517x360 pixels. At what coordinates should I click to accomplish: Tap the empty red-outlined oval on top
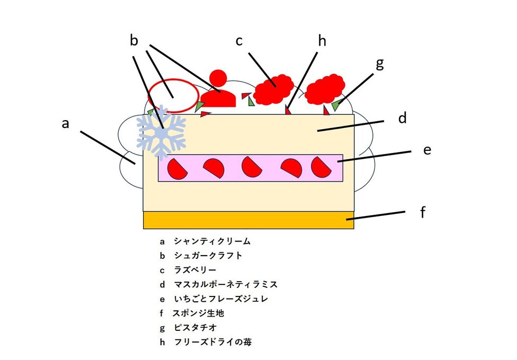point(173,95)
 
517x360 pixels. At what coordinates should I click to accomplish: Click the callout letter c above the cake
point(239,41)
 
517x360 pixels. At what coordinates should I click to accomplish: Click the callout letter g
point(379,64)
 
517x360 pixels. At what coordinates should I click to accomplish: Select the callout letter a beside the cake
point(65,123)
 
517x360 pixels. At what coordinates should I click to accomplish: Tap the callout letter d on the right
point(403,118)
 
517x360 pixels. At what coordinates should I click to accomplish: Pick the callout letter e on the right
point(427,150)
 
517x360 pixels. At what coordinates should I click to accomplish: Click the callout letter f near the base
point(423,212)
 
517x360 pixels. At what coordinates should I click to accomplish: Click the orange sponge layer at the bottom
point(248,220)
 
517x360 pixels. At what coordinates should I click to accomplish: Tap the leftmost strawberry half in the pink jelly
point(176,168)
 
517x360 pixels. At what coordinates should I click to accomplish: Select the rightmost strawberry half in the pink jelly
point(320,167)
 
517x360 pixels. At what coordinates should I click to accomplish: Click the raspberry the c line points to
point(273,89)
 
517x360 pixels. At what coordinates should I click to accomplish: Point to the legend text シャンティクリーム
point(212,241)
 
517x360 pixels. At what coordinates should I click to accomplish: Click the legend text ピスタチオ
point(195,328)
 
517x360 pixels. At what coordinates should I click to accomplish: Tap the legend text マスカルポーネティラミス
point(226,285)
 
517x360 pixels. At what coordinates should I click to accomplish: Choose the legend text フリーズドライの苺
point(212,342)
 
